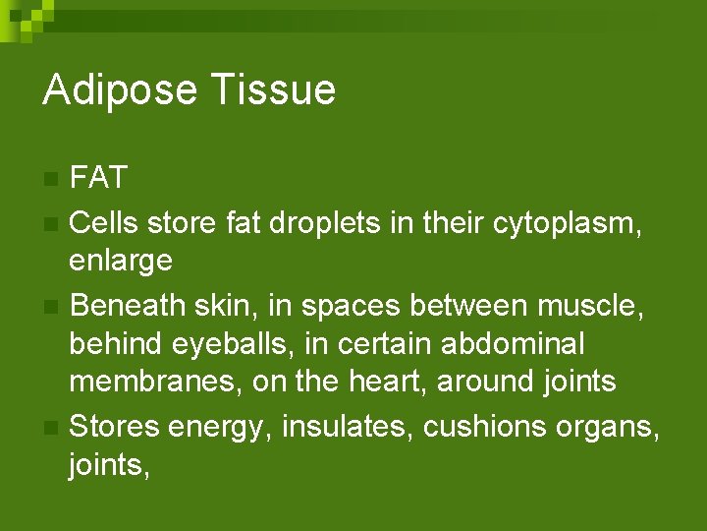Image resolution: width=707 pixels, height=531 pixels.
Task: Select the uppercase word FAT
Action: pyautogui.click(x=99, y=178)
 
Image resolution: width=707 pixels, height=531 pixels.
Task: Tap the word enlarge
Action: pyautogui.click(x=121, y=262)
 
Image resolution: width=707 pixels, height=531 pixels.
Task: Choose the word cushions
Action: pyautogui.click(x=496, y=426)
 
